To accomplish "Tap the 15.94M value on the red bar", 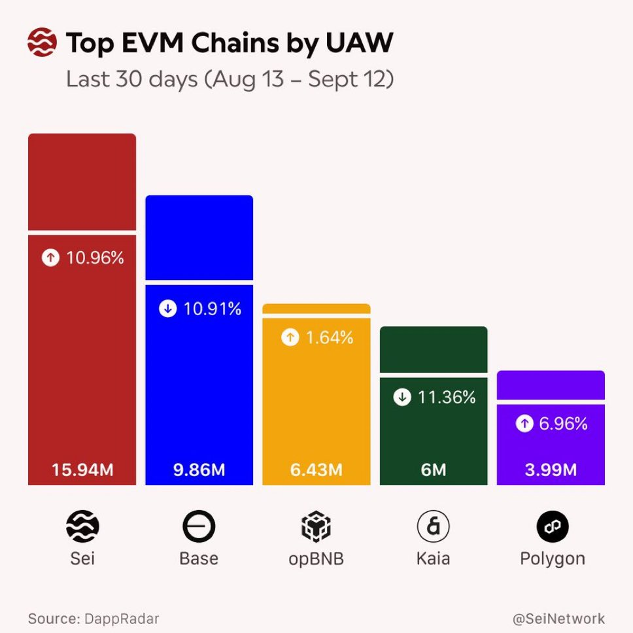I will pyautogui.click(x=82, y=470).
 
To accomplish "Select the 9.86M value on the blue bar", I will pyautogui.click(x=199, y=470).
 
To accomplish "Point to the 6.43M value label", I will pyautogui.click(x=316, y=470).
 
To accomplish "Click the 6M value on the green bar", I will pyautogui.click(x=434, y=470).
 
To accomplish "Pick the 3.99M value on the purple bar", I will pyautogui.click(x=551, y=470).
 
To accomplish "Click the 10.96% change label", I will pyautogui.click(x=95, y=258).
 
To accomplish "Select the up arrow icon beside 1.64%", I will pyautogui.click(x=290, y=338).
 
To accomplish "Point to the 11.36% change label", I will pyautogui.click(x=447, y=397).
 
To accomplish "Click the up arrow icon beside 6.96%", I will pyautogui.click(x=524, y=424).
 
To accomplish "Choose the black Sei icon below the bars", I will pyautogui.click(x=82, y=526).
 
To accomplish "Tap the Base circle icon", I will pyautogui.click(x=199, y=527).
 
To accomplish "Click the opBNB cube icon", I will pyautogui.click(x=316, y=526).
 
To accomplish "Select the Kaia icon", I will pyautogui.click(x=434, y=526).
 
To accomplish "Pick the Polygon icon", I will pyautogui.click(x=553, y=526).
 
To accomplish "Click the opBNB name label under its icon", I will pyautogui.click(x=316, y=560).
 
